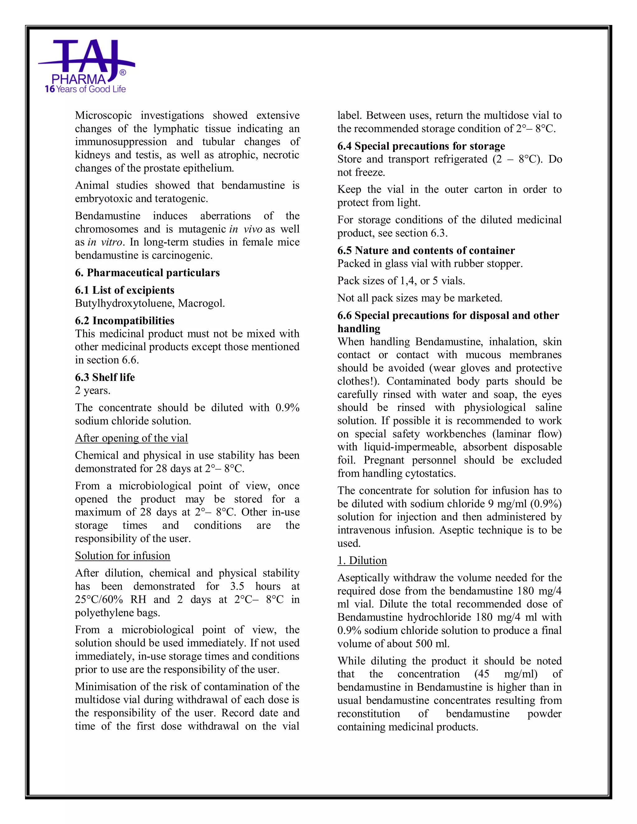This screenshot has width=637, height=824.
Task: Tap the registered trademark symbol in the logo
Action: (123, 72)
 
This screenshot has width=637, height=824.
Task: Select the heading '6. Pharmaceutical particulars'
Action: (147, 273)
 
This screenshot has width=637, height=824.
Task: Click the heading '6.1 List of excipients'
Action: (124, 290)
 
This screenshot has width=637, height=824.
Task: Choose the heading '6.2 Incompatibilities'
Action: (124, 321)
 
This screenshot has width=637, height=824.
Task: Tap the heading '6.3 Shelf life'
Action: (105, 377)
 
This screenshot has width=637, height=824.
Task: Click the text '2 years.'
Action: (92, 391)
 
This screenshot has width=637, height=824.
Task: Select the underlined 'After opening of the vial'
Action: (131, 438)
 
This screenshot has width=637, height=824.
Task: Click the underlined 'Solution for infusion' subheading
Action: (123, 556)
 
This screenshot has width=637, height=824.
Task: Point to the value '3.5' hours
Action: (237, 586)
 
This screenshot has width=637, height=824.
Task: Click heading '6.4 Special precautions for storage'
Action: (421, 146)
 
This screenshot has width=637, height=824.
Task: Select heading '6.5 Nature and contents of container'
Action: (426, 251)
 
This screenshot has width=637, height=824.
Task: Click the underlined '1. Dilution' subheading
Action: (362, 561)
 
